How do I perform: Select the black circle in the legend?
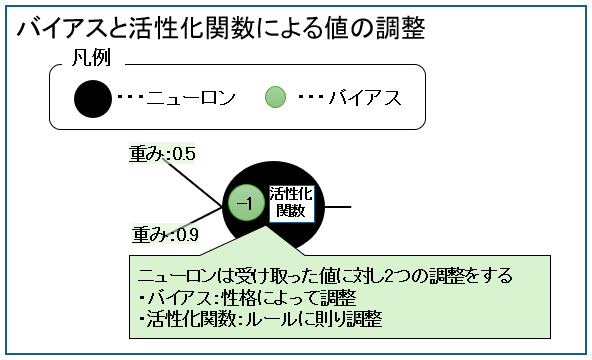click(x=93, y=98)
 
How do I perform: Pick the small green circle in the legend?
click(x=276, y=97)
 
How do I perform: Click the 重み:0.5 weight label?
click(x=162, y=154)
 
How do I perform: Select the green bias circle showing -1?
click(x=244, y=204)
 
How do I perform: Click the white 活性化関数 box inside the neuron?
click(x=291, y=203)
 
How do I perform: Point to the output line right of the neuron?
click(x=340, y=206)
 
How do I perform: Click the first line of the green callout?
click(x=325, y=275)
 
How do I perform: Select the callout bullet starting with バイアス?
click(x=246, y=298)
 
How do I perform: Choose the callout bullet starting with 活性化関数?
click(x=260, y=320)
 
